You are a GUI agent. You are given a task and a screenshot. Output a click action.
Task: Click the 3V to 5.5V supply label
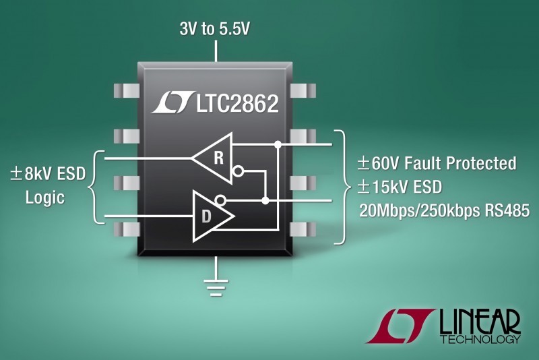(214, 28)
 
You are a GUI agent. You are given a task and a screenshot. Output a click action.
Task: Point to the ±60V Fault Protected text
(437, 163)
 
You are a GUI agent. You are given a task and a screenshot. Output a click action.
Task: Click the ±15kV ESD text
(400, 187)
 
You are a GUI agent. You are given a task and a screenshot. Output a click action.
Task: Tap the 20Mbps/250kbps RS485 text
(445, 210)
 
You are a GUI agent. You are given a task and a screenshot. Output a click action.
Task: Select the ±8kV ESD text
(48, 174)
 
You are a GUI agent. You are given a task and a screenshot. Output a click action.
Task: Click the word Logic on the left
(45, 198)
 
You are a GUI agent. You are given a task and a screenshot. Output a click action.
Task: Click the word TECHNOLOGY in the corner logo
(480, 339)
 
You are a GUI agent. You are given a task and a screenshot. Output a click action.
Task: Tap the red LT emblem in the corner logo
(400, 326)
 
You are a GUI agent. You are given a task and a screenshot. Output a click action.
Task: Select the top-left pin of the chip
(126, 90)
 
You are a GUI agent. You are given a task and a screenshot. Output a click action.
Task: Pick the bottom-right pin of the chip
(303, 229)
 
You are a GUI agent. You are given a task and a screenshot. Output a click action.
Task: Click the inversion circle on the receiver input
(238, 171)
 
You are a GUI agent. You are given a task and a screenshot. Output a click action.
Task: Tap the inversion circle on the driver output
(220, 200)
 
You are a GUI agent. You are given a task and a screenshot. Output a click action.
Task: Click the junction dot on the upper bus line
(278, 144)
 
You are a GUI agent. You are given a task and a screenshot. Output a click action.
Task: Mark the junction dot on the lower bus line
(265, 200)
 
